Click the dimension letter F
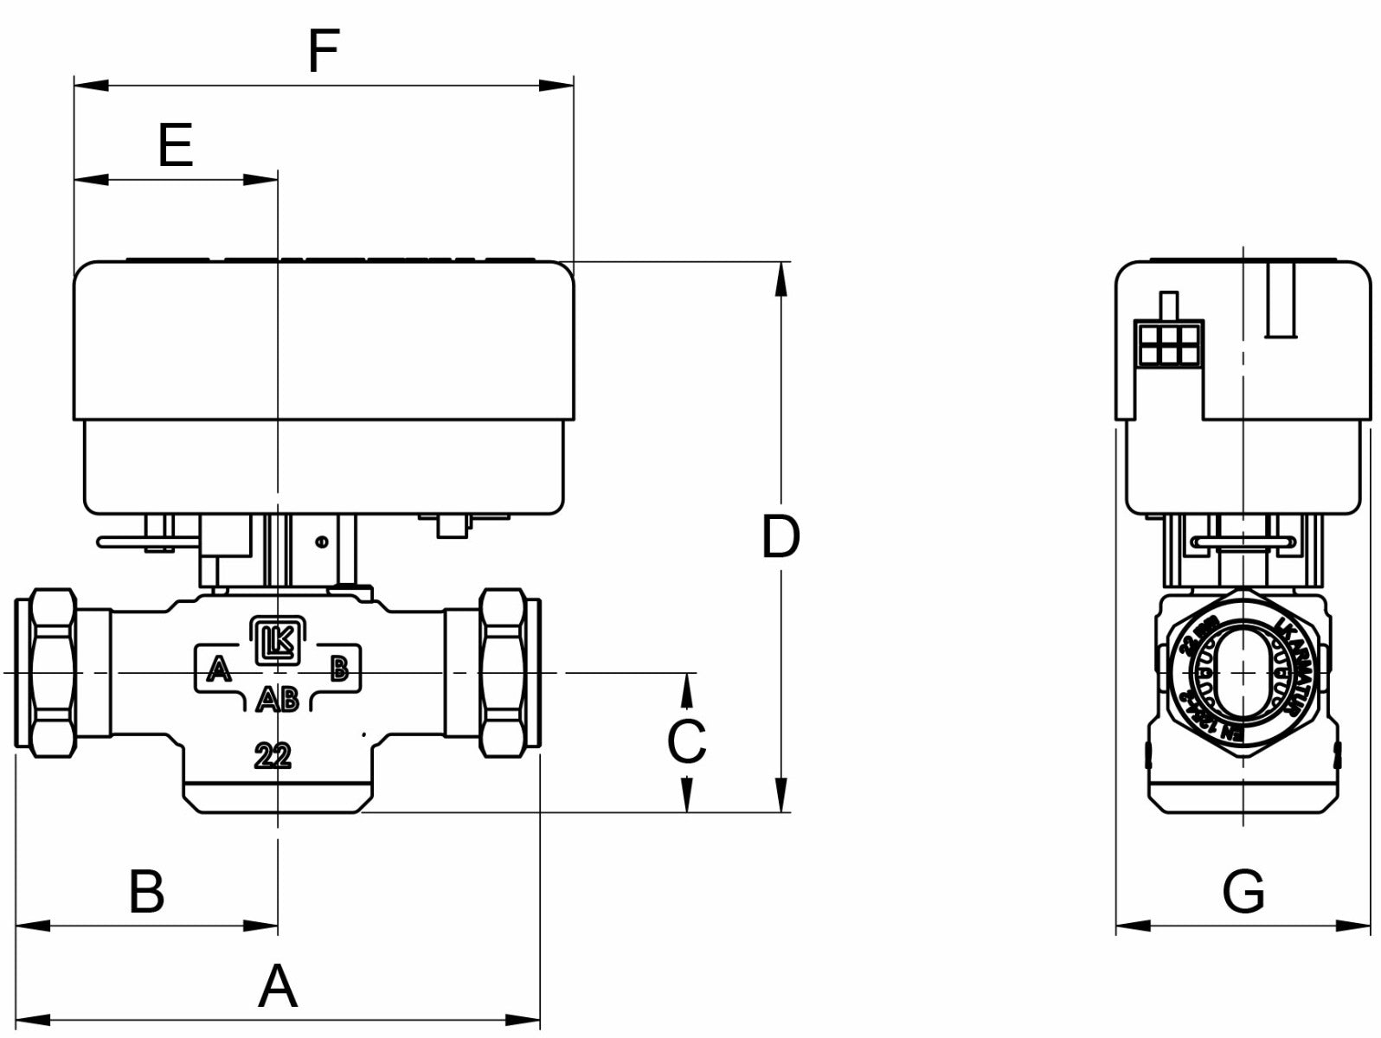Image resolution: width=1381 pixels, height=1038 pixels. click(x=323, y=51)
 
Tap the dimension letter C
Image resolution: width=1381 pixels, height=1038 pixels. click(x=686, y=741)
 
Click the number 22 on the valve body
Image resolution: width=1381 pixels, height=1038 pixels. click(x=273, y=756)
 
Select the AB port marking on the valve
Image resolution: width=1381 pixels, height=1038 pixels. click(x=278, y=699)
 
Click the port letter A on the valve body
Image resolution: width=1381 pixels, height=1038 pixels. click(x=219, y=669)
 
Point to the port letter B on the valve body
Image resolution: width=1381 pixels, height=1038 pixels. click(x=339, y=668)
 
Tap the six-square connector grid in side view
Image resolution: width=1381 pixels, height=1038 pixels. click(x=1168, y=343)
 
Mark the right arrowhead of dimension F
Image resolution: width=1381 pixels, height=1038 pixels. click(x=557, y=85)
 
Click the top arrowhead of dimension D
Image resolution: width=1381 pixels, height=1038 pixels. click(x=780, y=279)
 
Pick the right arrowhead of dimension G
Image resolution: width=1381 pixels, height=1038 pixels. click(x=1355, y=926)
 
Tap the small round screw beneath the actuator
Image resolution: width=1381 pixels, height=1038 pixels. click(x=322, y=542)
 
